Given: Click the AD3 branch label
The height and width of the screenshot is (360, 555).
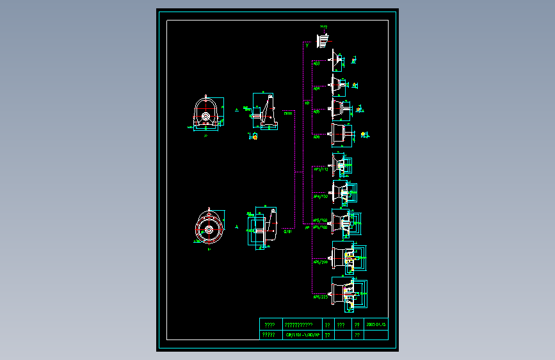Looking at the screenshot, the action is [x=316, y=64].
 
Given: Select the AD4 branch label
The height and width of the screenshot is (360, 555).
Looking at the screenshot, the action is [x=316, y=88].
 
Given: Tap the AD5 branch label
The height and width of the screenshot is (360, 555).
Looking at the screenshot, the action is [x=316, y=111].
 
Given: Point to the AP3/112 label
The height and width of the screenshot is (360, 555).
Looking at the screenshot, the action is [x=320, y=170].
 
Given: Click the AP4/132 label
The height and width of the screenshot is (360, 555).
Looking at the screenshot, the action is [x=320, y=197].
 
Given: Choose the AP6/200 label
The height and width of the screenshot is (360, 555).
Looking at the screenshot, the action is [x=320, y=262].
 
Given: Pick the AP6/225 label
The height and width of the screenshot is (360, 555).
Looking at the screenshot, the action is [x=320, y=297].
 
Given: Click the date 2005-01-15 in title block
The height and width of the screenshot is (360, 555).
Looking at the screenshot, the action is [x=376, y=324].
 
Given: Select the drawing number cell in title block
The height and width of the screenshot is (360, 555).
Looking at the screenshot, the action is [x=302, y=334].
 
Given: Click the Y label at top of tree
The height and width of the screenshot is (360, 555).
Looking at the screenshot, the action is [x=307, y=45].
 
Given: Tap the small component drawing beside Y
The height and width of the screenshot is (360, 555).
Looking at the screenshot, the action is [x=323, y=41].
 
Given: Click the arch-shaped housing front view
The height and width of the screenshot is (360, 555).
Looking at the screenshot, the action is [x=206, y=113].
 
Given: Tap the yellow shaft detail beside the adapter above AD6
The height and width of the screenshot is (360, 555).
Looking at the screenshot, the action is [x=364, y=135].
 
